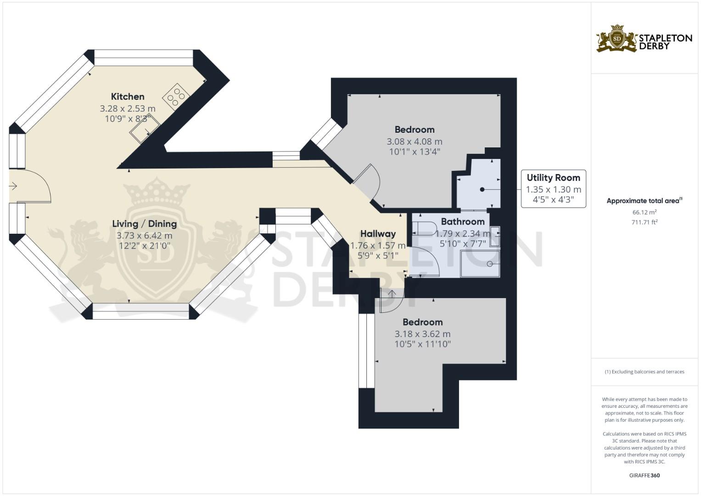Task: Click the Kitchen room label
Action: point(128,96)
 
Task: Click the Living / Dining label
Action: point(144,224)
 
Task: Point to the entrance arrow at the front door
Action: point(13,186)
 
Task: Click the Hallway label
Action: point(378,234)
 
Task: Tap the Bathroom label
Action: point(462,221)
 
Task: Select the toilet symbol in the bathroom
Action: point(424,228)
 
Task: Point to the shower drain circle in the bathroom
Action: point(490,264)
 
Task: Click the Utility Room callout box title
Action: point(553,178)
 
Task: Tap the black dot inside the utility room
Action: point(482,189)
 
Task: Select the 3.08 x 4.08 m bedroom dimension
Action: point(414,141)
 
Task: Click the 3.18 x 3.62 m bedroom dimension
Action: point(422,334)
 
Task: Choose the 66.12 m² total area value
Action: point(644,212)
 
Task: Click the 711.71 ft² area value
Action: point(644,222)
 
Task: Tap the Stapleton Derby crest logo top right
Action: point(617,39)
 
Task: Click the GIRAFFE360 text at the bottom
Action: point(644,475)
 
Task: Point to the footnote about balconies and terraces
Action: point(644,372)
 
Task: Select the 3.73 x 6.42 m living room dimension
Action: point(144,236)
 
